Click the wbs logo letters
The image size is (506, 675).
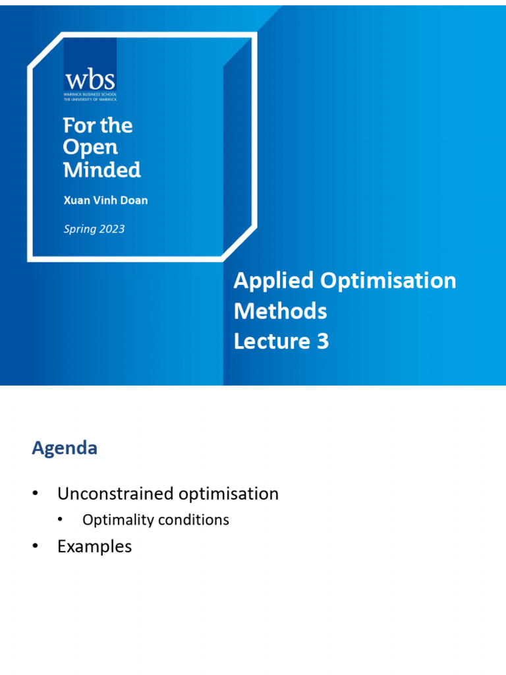pos(90,80)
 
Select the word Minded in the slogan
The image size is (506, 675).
pos(101,169)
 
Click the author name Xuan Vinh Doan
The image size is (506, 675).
pos(105,200)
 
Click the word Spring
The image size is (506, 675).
pos(79,229)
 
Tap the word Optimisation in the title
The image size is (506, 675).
pos(388,281)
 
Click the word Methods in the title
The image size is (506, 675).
pos(280,310)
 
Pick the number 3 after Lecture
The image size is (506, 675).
pos(322,341)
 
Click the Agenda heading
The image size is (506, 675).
pos(65,448)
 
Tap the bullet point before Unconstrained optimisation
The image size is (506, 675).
pos(36,494)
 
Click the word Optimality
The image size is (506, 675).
pos(115,520)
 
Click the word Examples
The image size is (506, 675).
pos(94,546)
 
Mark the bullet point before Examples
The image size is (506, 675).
pos(36,546)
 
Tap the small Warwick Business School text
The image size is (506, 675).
pos(90,96)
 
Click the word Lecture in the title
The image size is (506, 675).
pos(269,341)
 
